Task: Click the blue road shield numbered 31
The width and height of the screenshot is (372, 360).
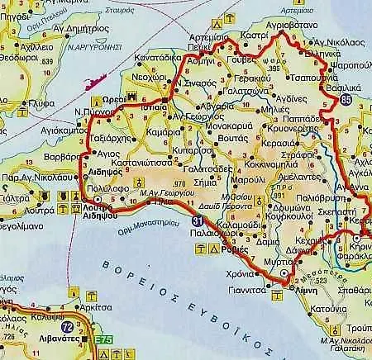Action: coord(196,221)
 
